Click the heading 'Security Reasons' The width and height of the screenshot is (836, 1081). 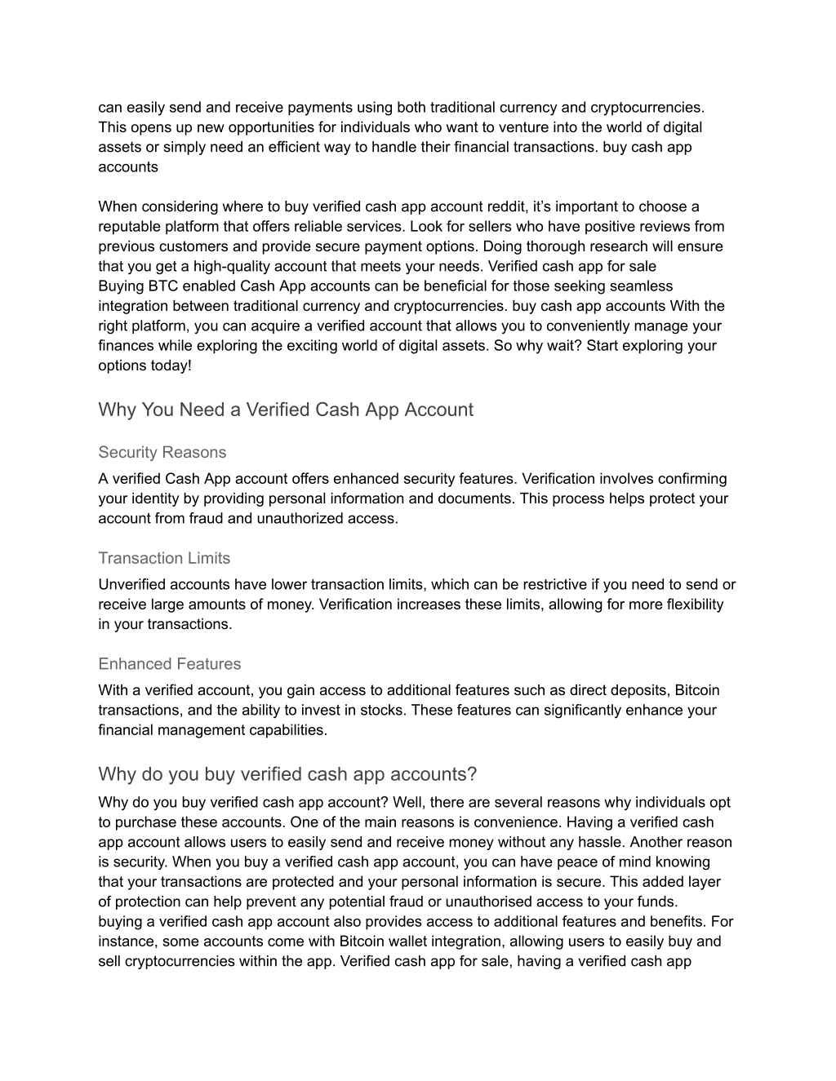click(162, 452)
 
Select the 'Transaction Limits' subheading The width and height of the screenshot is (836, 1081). click(164, 558)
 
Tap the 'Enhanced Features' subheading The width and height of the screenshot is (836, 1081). click(169, 664)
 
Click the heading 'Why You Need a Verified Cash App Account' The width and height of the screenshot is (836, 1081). click(285, 410)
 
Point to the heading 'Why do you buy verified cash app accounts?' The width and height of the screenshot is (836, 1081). click(287, 773)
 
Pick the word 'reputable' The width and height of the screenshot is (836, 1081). click(129, 227)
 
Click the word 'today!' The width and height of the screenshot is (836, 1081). click(170, 366)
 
